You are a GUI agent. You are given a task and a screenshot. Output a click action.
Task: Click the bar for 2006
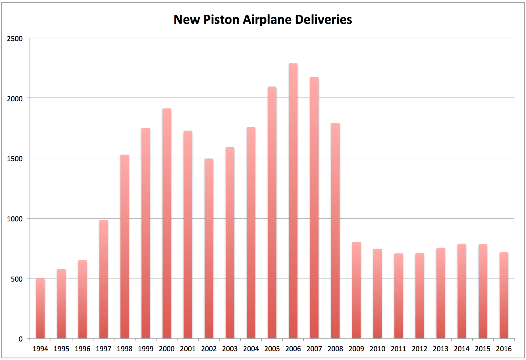[293, 201]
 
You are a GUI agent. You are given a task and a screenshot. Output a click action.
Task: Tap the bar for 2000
[167, 223]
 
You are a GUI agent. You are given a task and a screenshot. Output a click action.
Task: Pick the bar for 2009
[356, 290]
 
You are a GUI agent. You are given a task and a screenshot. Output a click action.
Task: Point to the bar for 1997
[104, 279]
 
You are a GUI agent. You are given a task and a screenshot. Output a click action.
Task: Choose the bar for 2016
[504, 295]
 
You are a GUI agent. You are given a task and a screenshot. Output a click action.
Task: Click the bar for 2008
[335, 230]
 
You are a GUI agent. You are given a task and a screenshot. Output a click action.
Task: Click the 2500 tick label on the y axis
[15, 39]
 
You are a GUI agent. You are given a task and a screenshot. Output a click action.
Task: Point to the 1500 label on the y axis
[15, 159]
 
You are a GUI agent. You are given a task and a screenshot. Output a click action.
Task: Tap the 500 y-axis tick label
[17, 279]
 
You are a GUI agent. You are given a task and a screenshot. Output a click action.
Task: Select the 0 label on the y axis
[21, 339]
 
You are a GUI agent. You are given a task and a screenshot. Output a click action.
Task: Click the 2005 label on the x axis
[272, 349]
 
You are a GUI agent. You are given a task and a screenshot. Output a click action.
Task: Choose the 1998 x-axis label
[125, 349]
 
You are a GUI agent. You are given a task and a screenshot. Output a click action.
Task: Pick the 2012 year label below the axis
[419, 349]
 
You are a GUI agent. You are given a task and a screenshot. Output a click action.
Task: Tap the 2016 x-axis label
[504, 349]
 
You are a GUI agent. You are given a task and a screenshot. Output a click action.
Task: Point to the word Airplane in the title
[267, 19]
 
